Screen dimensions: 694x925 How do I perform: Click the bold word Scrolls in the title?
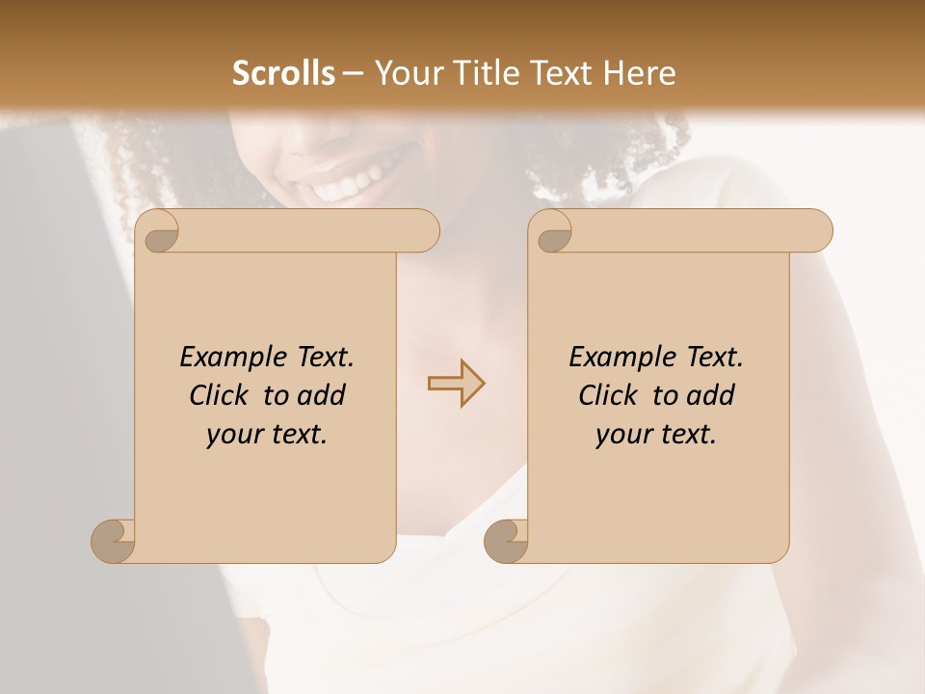[x=284, y=73]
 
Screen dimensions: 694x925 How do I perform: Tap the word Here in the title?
[x=639, y=73]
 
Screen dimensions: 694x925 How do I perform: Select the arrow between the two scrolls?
[x=456, y=383]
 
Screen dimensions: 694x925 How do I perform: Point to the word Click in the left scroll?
[x=221, y=395]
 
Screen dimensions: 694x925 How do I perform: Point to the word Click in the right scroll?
[x=610, y=395]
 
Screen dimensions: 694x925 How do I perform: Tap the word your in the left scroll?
[x=232, y=435]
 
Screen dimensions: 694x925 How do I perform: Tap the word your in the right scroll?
[x=621, y=435]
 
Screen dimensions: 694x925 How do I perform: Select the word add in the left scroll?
[x=323, y=395]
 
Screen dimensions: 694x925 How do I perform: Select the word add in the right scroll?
[x=712, y=395]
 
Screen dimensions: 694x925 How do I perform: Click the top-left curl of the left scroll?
[x=159, y=232]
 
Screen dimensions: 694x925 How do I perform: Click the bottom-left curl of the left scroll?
[x=114, y=541]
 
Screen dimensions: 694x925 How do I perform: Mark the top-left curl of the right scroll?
[x=552, y=232]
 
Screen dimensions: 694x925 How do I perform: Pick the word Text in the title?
[x=555, y=73]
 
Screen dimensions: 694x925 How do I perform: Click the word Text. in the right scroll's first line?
[x=714, y=358]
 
